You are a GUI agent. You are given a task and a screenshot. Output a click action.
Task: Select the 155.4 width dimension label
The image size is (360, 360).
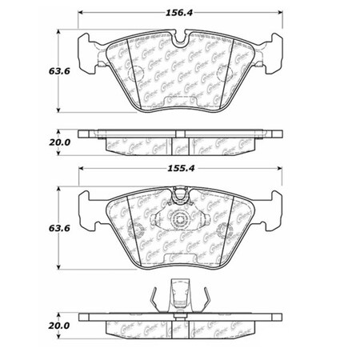click(182, 170)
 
